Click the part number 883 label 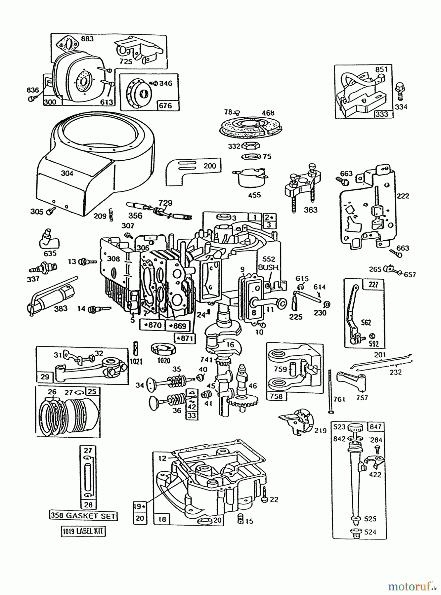click(87, 39)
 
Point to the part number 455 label click(254, 195)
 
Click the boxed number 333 click(381, 114)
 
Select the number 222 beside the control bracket click(403, 196)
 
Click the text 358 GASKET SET click(83, 515)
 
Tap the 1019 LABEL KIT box click(83, 531)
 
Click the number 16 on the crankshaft click(230, 345)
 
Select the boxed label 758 click(276, 396)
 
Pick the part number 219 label click(320, 430)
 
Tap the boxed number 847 click(375, 427)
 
